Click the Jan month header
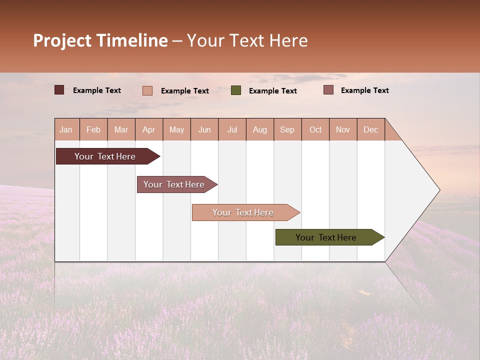pos(66,130)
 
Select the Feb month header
pos(93,130)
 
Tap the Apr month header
pos(148,130)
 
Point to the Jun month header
pos(204,130)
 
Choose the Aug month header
pos(260,130)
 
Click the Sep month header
pos(287,130)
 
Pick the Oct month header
pos(315,130)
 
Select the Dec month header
pos(370,130)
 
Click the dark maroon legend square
pos(59,90)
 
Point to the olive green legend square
pos(236,90)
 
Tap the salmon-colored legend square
pos(147,90)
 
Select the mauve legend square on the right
pos(328,90)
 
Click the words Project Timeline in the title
pos(100,40)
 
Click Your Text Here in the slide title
pos(247,40)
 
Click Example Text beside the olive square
pos(272,91)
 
